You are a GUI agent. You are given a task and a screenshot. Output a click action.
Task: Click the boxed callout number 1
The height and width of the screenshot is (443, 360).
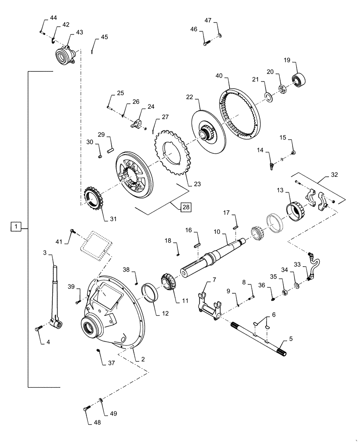point(16,227)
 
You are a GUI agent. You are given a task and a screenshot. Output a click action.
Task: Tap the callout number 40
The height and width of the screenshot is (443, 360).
point(219,76)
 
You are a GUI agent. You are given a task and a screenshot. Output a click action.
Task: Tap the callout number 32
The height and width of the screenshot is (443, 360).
point(334,175)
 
